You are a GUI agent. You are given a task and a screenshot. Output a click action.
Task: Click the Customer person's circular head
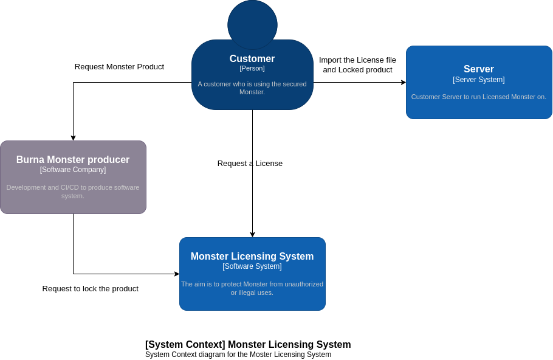[252, 24]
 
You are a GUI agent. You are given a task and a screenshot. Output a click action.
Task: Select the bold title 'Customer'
[252, 59]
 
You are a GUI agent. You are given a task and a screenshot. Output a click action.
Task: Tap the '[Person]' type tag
[252, 68]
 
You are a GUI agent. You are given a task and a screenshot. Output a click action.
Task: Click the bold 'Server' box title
[479, 69]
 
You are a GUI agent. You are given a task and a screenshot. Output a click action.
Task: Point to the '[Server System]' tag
[479, 80]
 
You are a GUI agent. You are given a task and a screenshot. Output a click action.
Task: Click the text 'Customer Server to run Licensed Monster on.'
[479, 97]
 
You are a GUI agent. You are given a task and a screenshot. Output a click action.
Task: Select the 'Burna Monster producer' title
[73, 160]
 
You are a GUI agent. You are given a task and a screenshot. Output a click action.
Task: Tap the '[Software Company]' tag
[73, 170]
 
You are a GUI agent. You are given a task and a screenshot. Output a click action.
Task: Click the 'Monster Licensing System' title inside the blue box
[252, 257]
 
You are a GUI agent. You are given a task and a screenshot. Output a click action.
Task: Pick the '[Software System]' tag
[252, 266]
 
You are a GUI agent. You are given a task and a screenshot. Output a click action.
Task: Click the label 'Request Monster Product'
[119, 67]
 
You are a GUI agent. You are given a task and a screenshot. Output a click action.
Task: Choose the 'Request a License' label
[250, 164]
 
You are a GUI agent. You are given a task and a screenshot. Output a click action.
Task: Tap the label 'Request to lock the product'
[91, 289]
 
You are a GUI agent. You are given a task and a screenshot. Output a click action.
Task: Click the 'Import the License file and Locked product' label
[357, 65]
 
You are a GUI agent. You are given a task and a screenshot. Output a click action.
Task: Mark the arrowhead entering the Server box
[404, 82]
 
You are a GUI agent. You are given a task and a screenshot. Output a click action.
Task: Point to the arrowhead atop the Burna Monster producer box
[73, 138]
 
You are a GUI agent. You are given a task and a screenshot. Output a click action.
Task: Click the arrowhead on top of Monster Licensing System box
[252, 235]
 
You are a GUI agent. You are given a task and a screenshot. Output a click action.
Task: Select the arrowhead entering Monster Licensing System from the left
[177, 274]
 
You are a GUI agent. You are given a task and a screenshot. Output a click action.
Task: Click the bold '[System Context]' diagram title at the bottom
[248, 345]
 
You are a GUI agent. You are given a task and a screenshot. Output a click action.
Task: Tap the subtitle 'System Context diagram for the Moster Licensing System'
[238, 355]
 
